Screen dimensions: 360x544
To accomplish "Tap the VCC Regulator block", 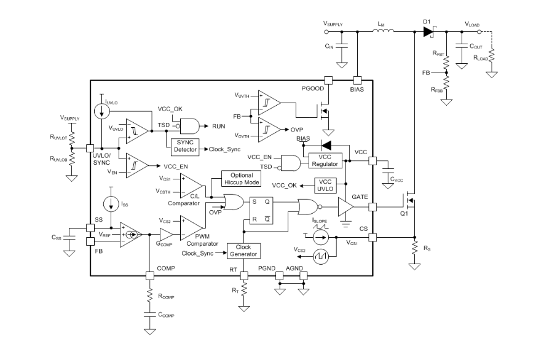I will coord(326,160).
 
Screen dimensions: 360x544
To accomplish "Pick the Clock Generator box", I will coord(244,250).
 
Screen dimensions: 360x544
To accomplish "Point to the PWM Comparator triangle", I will coord(189,229).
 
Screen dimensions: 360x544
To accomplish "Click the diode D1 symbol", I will coord(428,33).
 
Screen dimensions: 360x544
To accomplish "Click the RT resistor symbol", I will coord(244,287).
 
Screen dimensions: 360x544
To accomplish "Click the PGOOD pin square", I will coord(328,80).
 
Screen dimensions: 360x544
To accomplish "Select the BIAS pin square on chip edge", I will coord(358,80).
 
